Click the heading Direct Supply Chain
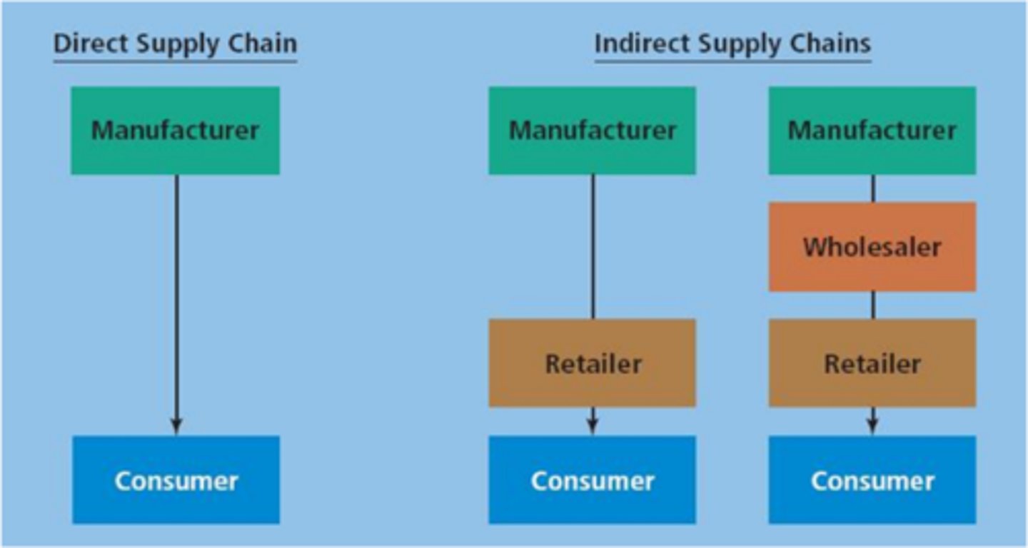pyautogui.click(x=175, y=44)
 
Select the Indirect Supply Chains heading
pyautogui.click(x=732, y=44)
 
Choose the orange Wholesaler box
pyautogui.click(x=872, y=247)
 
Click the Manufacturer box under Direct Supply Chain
pyautogui.click(x=175, y=131)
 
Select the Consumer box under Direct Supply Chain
pyautogui.click(x=176, y=480)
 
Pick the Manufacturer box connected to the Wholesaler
pyautogui.click(x=872, y=131)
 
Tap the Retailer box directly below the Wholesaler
pyautogui.click(x=872, y=363)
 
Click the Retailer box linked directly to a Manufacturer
pyautogui.click(x=592, y=363)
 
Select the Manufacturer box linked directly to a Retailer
pyautogui.click(x=592, y=131)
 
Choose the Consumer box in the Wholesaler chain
pyautogui.click(x=872, y=480)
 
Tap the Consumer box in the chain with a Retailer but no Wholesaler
pyautogui.click(x=592, y=480)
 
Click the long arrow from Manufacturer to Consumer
pyautogui.click(x=176, y=300)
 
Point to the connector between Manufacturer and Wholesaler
pyautogui.click(x=872, y=188)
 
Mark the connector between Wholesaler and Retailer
pyautogui.click(x=872, y=305)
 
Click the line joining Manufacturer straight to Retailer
pyautogui.click(x=593, y=246)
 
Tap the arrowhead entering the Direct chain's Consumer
pyautogui.click(x=176, y=427)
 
